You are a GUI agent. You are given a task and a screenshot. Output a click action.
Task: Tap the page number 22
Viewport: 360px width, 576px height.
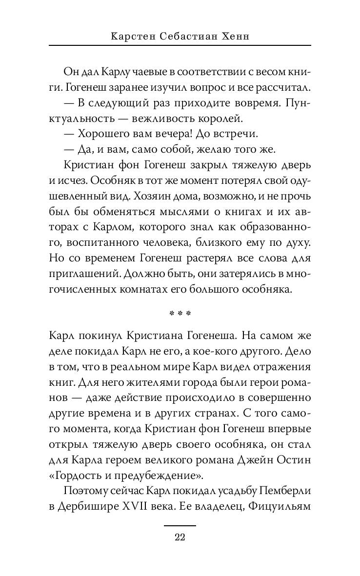180,537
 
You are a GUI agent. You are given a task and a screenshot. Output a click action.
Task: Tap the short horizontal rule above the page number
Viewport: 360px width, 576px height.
180,525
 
